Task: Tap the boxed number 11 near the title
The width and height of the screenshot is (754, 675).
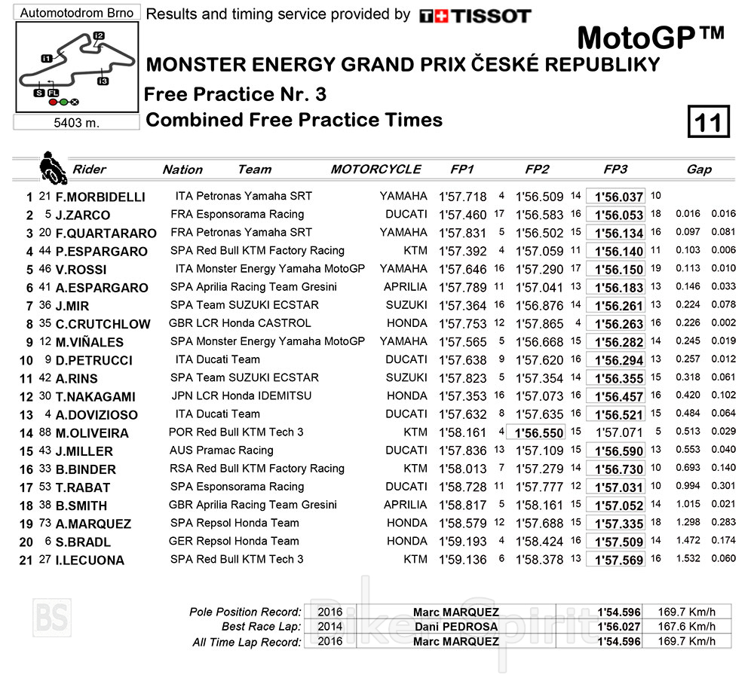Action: point(709,123)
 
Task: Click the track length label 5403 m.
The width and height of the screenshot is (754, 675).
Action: point(78,122)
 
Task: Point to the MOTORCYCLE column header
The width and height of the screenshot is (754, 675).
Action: point(375,170)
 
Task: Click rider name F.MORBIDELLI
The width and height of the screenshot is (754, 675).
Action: point(100,197)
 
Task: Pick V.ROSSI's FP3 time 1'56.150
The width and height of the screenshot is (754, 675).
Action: point(618,270)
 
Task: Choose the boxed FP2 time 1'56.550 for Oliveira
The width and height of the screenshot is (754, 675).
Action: point(539,433)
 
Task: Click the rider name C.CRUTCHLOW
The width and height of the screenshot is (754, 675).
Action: point(103,325)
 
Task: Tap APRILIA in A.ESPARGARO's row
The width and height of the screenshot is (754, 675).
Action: point(405,287)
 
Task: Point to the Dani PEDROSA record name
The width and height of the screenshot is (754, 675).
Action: point(455,627)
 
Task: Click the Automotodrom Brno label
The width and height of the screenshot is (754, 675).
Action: point(77,13)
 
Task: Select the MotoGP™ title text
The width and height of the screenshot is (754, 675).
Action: point(650,37)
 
